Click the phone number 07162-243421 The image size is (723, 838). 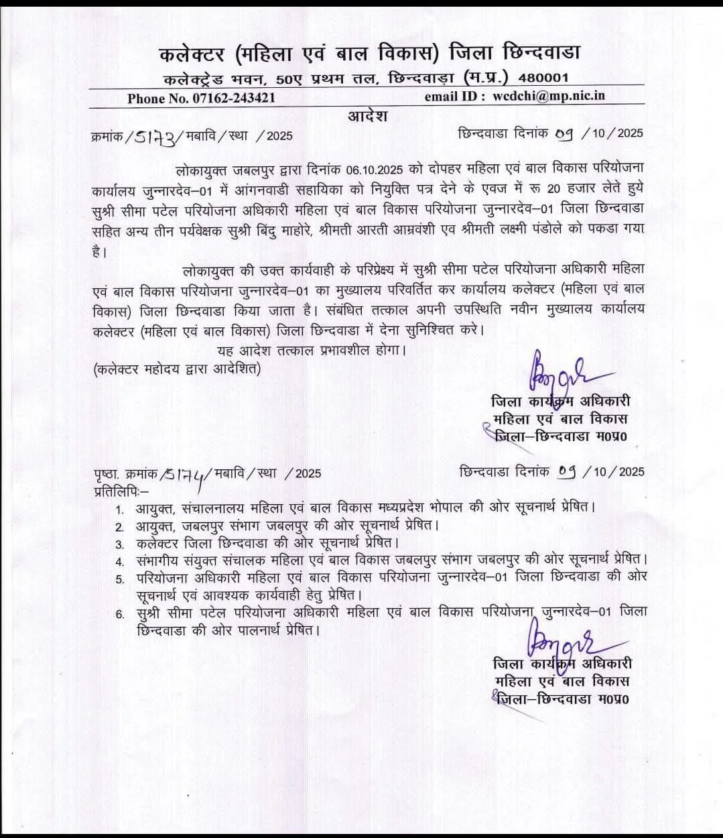[228, 98]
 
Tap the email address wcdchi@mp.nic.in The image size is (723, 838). [549, 96]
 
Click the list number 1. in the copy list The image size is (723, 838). [120, 510]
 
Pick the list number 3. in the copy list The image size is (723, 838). [120, 544]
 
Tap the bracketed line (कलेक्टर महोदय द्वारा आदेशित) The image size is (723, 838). [178, 369]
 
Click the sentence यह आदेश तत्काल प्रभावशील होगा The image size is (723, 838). [312, 350]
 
